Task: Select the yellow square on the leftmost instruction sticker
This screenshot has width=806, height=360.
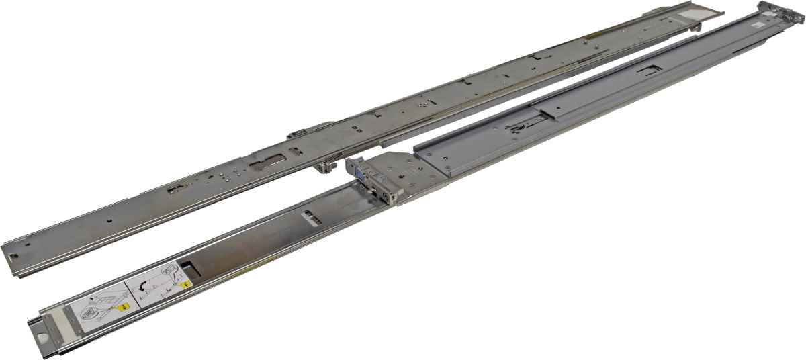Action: (x=124, y=306)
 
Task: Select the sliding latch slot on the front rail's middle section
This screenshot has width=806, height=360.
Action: (x=524, y=122)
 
